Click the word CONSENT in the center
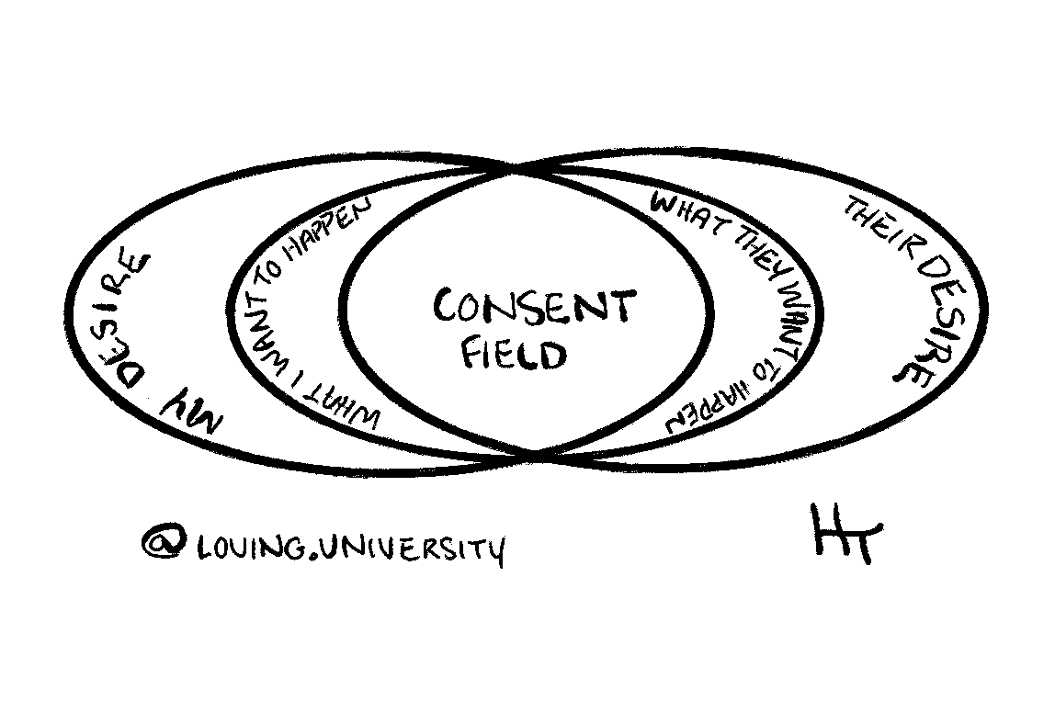click(533, 309)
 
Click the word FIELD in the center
click(513, 354)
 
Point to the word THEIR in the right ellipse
click(873, 230)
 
